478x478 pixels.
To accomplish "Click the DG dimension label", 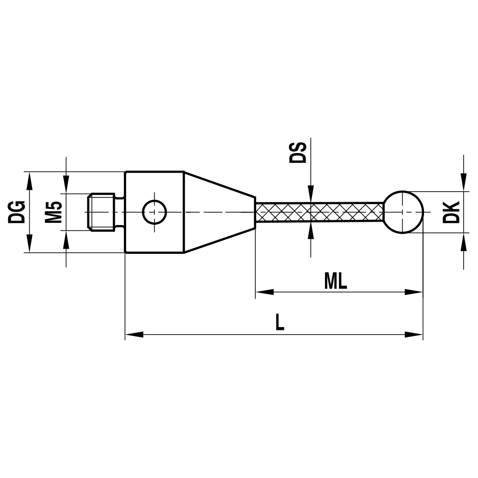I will [x=17, y=212].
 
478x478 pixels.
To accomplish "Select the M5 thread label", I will [x=54, y=212].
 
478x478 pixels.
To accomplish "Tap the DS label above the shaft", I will [x=298, y=152].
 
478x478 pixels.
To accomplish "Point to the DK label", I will [x=451, y=212].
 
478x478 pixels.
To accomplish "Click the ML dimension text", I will [x=336, y=282].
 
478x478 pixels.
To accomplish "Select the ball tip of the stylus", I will [x=404, y=212].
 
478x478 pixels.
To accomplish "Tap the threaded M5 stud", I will [x=102, y=212].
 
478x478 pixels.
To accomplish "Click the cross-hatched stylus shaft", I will [x=319, y=212].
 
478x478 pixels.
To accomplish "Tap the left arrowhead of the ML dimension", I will [x=264, y=292].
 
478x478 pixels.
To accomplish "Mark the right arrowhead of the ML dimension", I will [x=414, y=292].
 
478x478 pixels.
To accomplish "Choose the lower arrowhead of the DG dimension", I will [x=30, y=243].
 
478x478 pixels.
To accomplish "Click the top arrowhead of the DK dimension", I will [x=463, y=182].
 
